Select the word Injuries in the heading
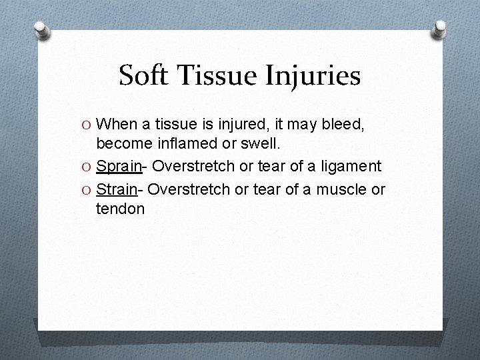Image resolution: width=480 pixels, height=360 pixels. click(x=314, y=77)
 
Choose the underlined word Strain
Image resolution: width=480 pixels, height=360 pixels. click(x=116, y=189)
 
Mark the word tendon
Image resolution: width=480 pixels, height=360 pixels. click(x=120, y=209)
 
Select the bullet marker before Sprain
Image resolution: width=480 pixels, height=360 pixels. click(x=87, y=167)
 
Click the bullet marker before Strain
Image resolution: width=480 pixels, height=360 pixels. click(x=87, y=189)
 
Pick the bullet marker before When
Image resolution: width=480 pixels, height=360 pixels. click(x=87, y=124)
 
